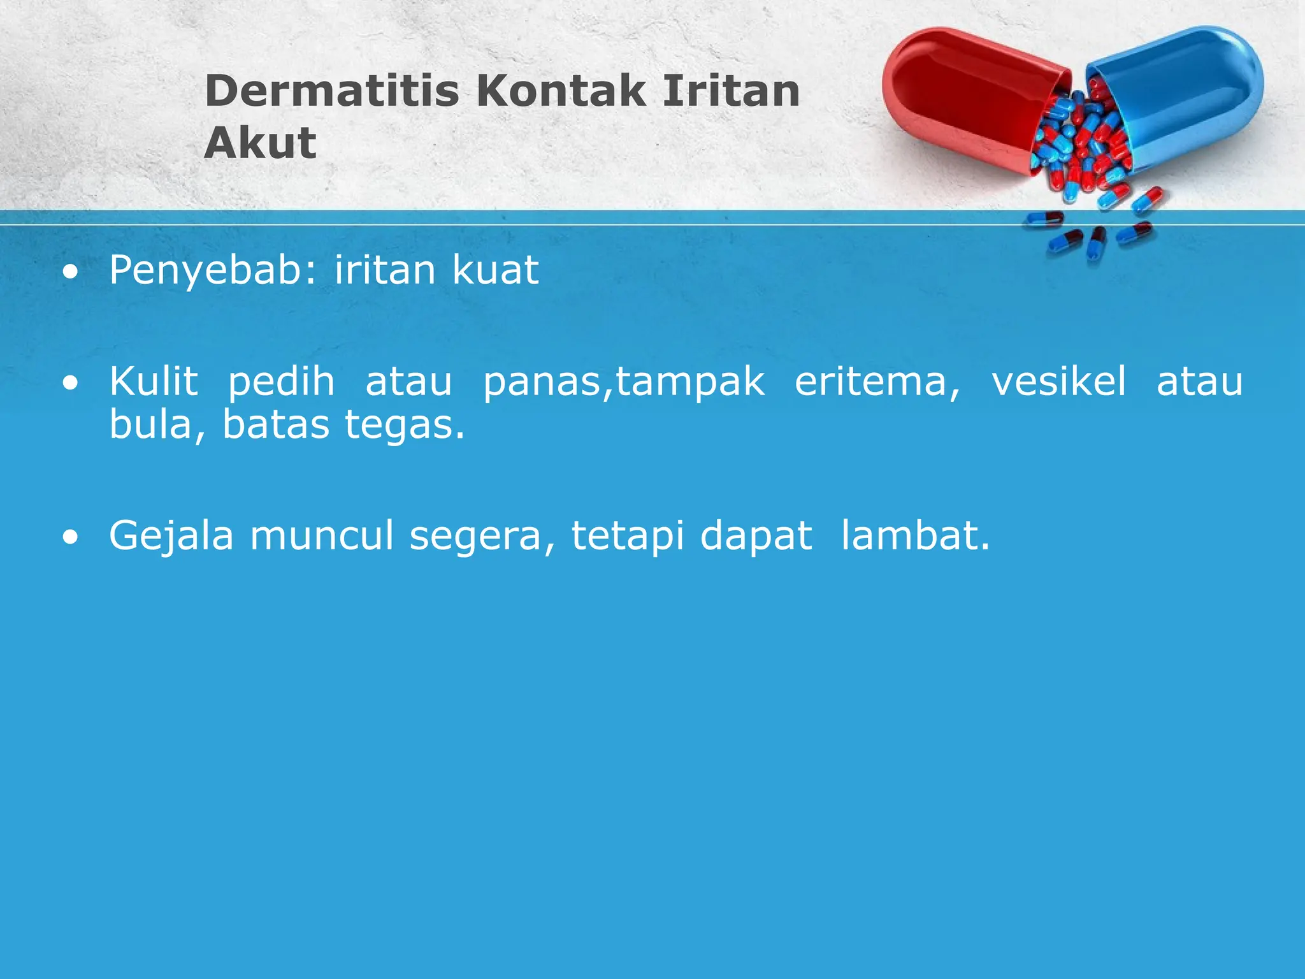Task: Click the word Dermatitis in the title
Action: (331, 91)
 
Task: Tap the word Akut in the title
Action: (260, 143)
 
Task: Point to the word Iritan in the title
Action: (731, 91)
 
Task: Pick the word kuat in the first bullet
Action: (495, 270)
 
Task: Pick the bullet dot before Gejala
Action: (71, 537)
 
